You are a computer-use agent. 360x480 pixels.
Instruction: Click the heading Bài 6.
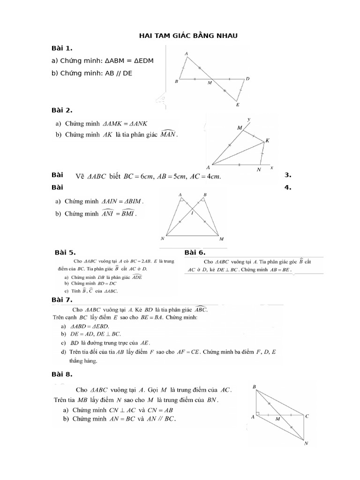[195, 253]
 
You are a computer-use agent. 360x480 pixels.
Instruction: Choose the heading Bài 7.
[62, 300]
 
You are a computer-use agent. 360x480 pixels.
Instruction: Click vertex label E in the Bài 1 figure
[238, 105]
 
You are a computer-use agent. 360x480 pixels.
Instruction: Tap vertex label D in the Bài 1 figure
[247, 79]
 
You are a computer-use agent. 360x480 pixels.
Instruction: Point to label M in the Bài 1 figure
[210, 83]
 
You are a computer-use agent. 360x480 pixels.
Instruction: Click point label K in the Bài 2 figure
[267, 140]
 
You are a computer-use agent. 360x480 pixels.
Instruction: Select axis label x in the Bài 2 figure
[272, 167]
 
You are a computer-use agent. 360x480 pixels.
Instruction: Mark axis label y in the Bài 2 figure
[248, 119]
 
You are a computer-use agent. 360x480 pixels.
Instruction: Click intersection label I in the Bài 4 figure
[192, 213]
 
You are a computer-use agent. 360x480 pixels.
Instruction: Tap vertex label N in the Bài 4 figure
[162, 238]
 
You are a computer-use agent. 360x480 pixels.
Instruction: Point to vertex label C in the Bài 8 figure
[307, 416]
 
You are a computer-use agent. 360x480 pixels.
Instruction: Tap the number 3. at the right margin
[288, 175]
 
